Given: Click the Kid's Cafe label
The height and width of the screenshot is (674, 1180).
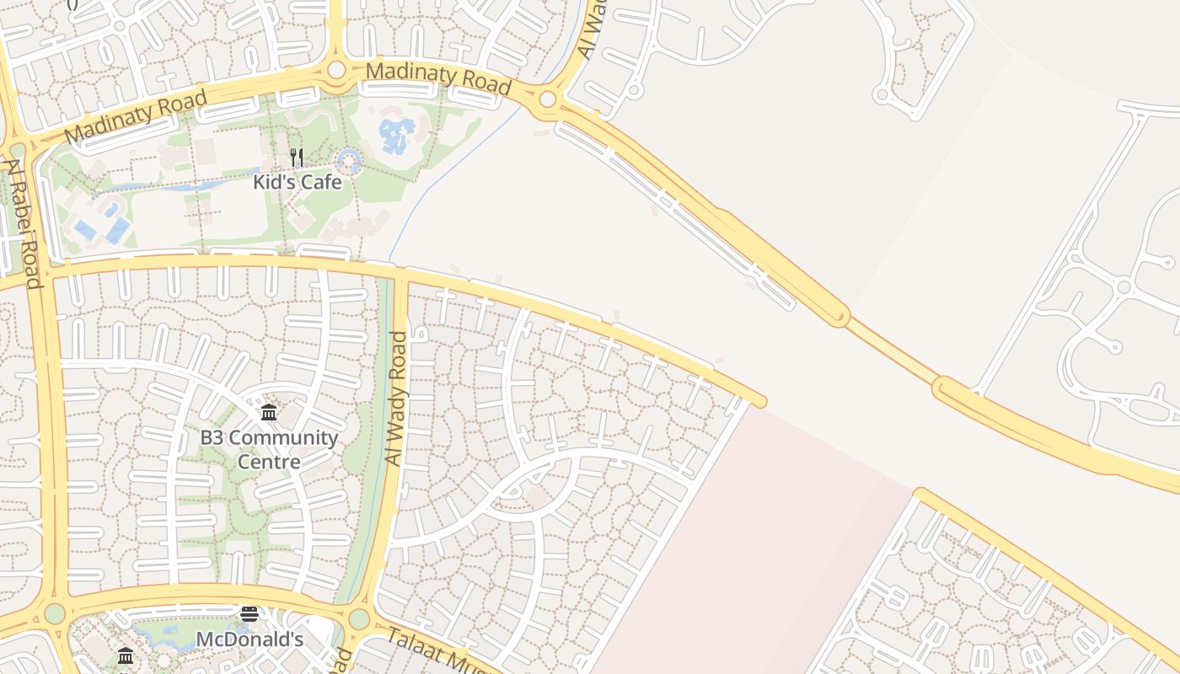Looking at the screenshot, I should pyautogui.click(x=298, y=182).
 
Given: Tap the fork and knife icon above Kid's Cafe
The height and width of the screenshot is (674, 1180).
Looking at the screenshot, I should pyautogui.click(x=297, y=158).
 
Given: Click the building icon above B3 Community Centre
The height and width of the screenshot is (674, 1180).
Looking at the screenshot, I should pyautogui.click(x=269, y=412).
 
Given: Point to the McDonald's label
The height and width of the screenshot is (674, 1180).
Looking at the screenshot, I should pyautogui.click(x=249, y=639).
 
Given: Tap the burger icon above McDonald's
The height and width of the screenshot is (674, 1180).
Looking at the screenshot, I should pyautogui.click(x=249, y=613).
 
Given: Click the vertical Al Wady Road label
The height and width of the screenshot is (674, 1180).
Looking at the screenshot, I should pyautogui.click(x=395, y=399).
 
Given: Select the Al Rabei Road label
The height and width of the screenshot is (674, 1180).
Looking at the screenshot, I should pyautogui.click(x=24, y=223).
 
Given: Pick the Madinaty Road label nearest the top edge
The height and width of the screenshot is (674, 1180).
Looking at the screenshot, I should pyautogui.click(x=439, y=78).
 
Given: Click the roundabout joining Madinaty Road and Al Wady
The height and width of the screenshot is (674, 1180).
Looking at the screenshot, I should pyautogui.click(x=548, y=100).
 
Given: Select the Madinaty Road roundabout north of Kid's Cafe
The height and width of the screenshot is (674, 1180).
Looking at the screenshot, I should pyautogui.click(x=336, y=70).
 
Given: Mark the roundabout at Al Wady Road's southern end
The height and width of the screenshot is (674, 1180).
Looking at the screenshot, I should pyautogui.click(x=359, y=619).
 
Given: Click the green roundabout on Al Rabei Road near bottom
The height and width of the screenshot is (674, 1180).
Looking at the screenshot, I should pyautogui.click(x=55, y=613).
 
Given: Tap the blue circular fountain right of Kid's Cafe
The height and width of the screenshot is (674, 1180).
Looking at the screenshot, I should pyautogui.click(x=348, y=160).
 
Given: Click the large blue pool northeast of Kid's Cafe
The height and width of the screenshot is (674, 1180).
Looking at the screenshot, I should pyautogui.click(x=396, y=134).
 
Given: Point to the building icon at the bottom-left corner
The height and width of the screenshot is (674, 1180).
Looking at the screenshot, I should pyautogui.click(x=126, y=655).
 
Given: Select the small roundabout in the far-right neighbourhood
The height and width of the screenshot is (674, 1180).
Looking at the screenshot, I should pyautogui.click(x=1123, y=287).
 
